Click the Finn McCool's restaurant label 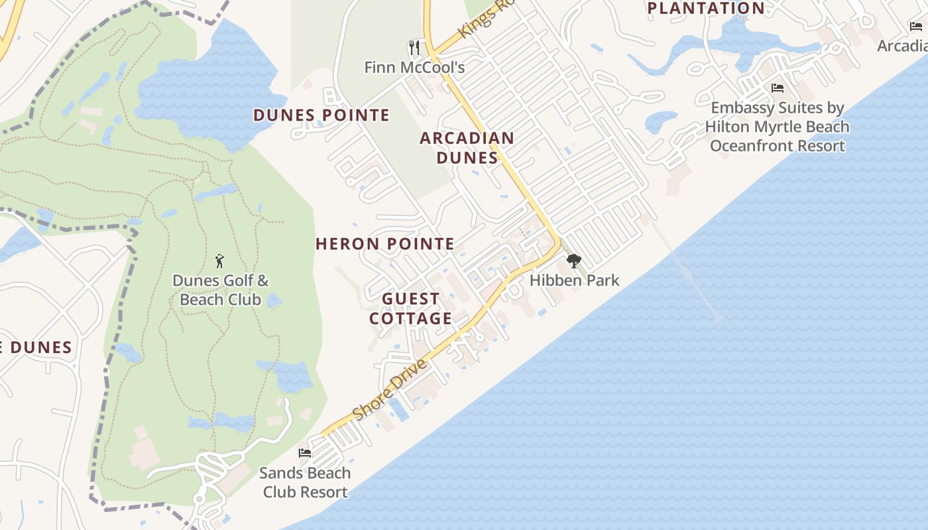pyautogui.click(x=414, y=68)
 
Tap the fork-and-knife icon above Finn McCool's pyautogui.click(x=415, y=48)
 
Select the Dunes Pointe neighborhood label pyautogui.click(x=321, y=115)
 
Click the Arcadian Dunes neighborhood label pyautogui.click(x=467, y=148)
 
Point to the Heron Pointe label pyautogui.click(x=385, y=244)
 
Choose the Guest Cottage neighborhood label pyautogui.click(x=411, y=309)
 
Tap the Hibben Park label pyautogui.click(x=574, y=280)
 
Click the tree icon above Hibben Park pyautogui.click(x=574, y=261)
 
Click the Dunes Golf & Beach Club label pyautogui.click(x=221, y=290)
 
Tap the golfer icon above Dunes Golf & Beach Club pyautogui.click(x=220, y=261)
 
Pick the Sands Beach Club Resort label pyautogui.click(x=305, y=482)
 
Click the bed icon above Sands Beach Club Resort pyautogui.click(x=305, y=453)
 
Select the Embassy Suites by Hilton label pyautogui.click(x=777, y=127)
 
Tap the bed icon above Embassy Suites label pyautogui.click(x=778, y=87)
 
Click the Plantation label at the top pyautogui.click(x=706, y=8)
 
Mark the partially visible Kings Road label pyautogui.click(x=487, y=20)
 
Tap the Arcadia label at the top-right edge pyautogui.click(x=902, y=46)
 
